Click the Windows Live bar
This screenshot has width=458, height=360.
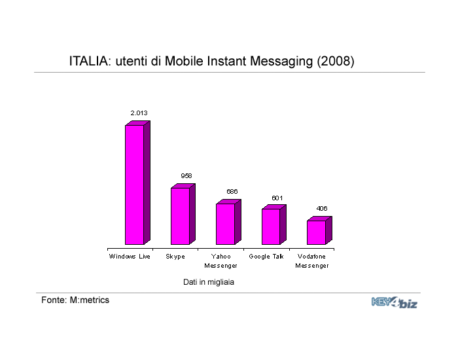pyautogui.click(x=137, y=183)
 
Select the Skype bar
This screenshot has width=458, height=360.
pyautogui.click(x=183, y=214)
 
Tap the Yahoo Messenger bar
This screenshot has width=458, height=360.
pyautogui.click(x=228, y=222)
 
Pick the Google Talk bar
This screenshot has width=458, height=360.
pyautogui.click(x=274, y=225)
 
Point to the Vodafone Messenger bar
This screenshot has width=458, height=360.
pyautogui.click(x=319, y=230)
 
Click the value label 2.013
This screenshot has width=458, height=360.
pyautogui.click(x=139, y=113)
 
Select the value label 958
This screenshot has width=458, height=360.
pyautogui.click(x=186, y=176)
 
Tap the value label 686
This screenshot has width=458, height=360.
pyautogui.click(x=232, y=192)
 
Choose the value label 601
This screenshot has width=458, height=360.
pyautogui.click(x=277, y=198)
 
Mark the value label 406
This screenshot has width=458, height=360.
pyautogui.click(x=322, y=209)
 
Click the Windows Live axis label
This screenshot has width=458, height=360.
pyautogui.click(x=130, y=257)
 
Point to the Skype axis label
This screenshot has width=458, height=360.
pyautogui.click(x=175, y=257)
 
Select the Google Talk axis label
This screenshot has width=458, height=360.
pyautogui.click(x=266, y=257)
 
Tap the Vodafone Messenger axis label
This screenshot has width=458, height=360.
pyautogui.click(x=312, y=261)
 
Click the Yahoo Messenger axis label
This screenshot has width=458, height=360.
pyautogui.click(x=221, y=261)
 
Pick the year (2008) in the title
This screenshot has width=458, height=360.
pyautogui.click(x=336, y=62)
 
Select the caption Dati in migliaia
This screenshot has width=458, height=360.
pyautogui.click(x=209, y=282)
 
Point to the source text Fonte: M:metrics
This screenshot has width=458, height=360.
pyautogui.click(x=75, y=300)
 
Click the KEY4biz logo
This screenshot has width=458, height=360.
pyautogui.click(x=395, y=302)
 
